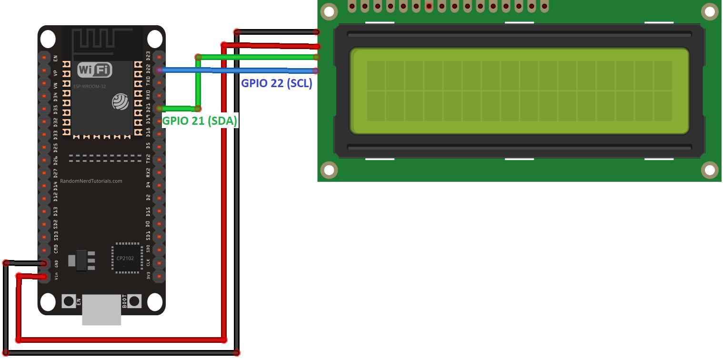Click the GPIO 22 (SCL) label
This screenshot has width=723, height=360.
[x=277, y=83]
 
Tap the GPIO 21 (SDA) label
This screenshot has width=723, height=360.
[x=200, y=121]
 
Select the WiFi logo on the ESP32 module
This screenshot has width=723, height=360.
[x=94, y=70]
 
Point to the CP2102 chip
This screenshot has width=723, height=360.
[x=126, y=258]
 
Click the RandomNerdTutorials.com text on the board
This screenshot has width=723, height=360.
[x=91, y=181]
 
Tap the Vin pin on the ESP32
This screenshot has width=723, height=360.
[x=44, y=276]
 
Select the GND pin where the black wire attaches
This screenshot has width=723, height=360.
[x=44, y=263]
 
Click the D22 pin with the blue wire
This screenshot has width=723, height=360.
[x=160, y=70]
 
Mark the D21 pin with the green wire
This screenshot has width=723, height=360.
[x=160, y=108]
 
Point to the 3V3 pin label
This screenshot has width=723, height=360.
[x=149, y=275]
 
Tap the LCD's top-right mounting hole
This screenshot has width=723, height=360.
[x=709, y=11]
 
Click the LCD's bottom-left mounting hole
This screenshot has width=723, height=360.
[x=329, y=170]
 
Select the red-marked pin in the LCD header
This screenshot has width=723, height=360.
[x=429, y=6]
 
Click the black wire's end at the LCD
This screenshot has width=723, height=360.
[x=317, y=32]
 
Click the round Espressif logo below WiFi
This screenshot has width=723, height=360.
[x=120, y=102]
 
